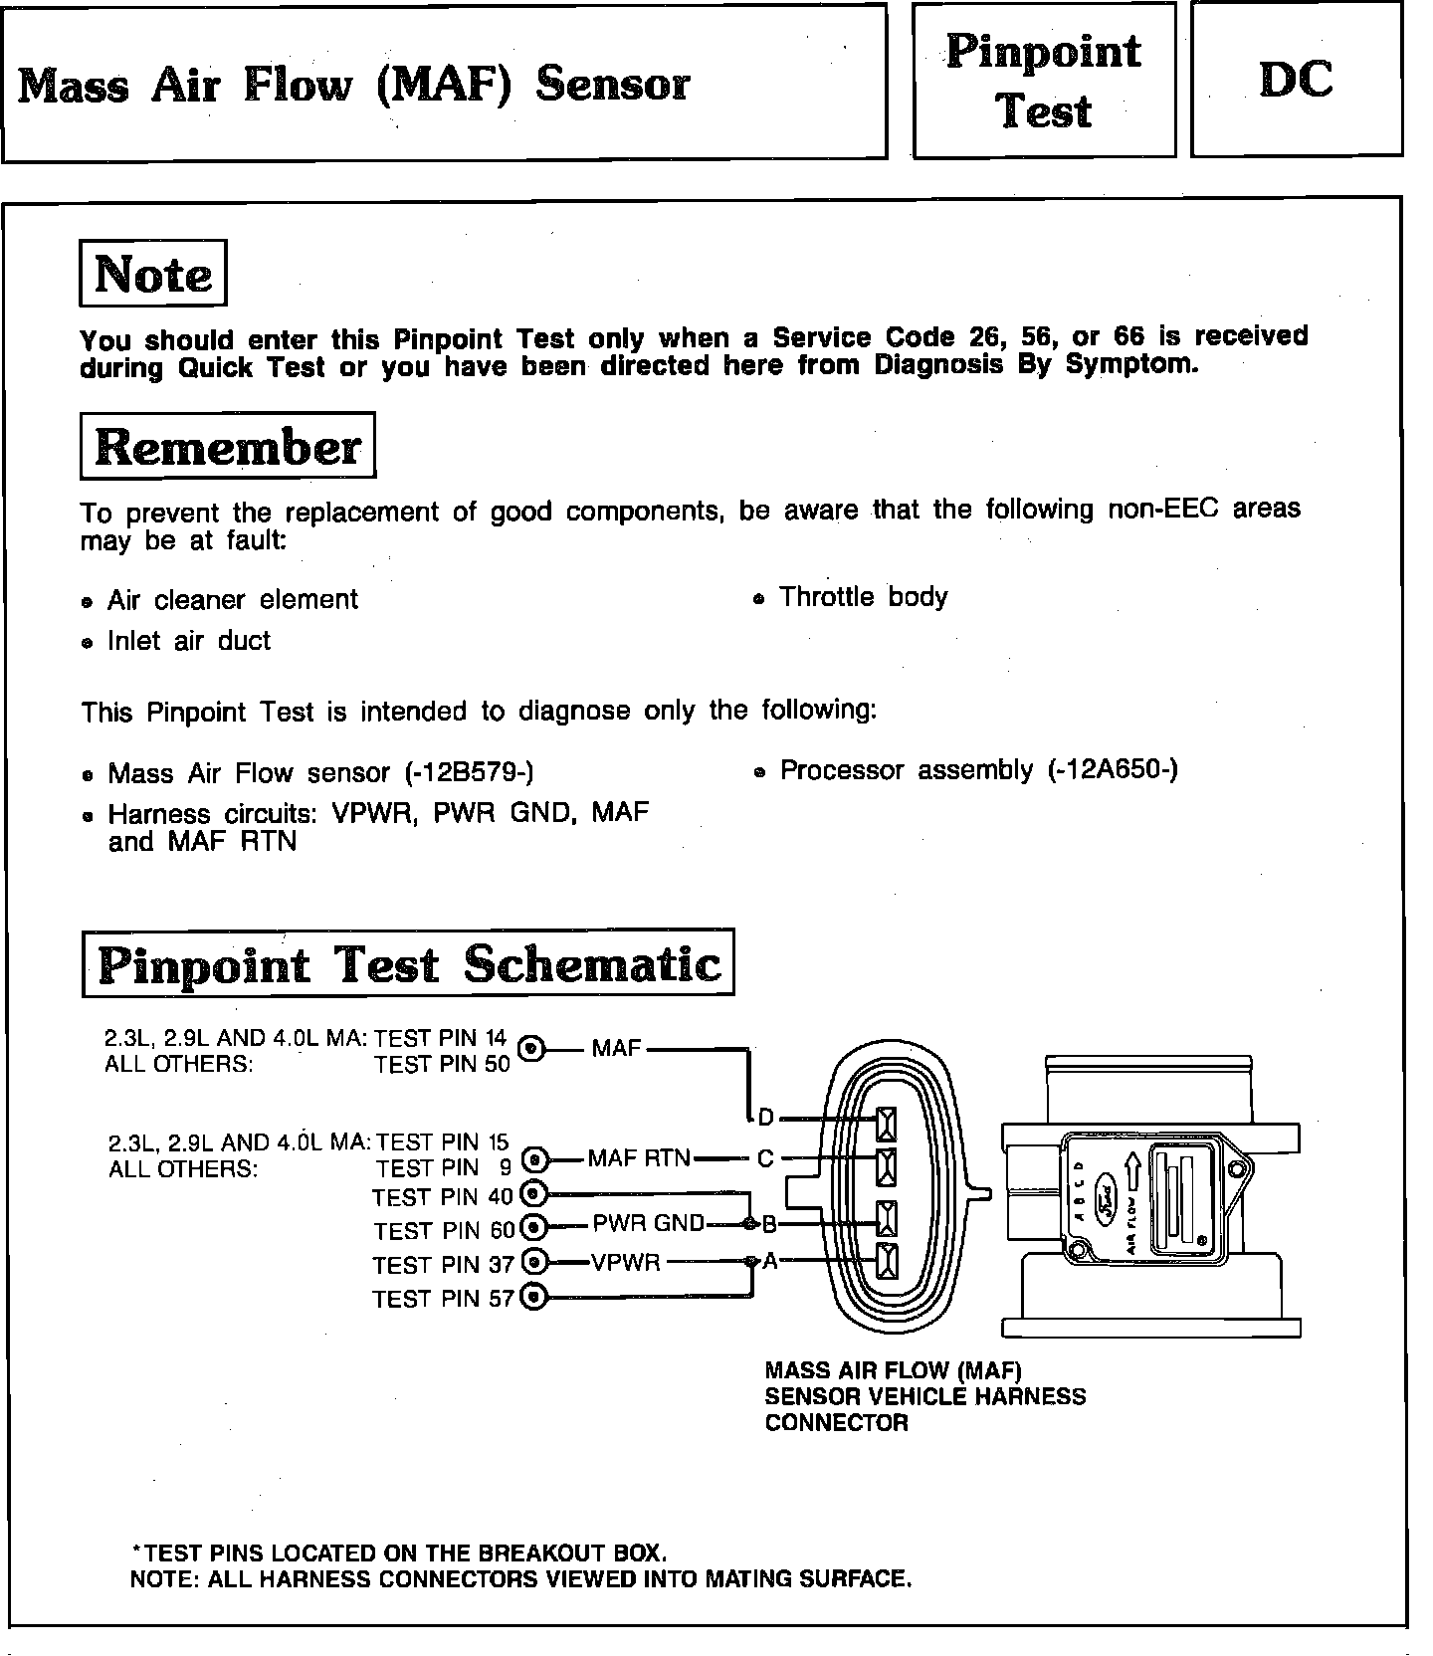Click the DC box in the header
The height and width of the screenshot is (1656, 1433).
pyautogui.click(x=1296, y=80)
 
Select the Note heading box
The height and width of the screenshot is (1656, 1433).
pyautogui.click(x=153, y=274)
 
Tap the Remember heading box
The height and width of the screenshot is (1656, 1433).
pyautogui.click(x=228, y=447)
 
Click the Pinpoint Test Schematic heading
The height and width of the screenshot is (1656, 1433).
pyautogui.click(x=408, y=963)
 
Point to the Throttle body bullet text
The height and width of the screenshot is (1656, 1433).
pyautogui.click(x=863, y=597)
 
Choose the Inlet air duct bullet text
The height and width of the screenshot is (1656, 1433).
pyautogui.click(x=189, y=641)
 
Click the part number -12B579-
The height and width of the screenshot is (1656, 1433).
pyautogui.click(x=470, y=773)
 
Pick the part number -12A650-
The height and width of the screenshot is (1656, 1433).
pyautogui.click(x=1113, y=770)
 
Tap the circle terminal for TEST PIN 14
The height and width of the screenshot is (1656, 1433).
pyautogui.click(x=532, y=1048)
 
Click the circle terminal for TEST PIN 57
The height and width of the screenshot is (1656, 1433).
pyautogui.click(x=533, y=1297)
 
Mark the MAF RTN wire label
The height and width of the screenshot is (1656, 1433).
pyautogui.click(x=639, y=1158)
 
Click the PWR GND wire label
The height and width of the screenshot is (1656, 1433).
pyautogui.click(x=648, y=1223)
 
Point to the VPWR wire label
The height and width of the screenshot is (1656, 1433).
pyautogui.click(x=626, y=1263)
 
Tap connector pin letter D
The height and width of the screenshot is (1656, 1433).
pyautogui.click(x=765, y=1118)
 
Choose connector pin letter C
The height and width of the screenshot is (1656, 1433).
pyautogui.click(x=765, y=1158)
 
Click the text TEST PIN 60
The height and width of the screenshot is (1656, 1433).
pyautogui.click(x=444, y=1231)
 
